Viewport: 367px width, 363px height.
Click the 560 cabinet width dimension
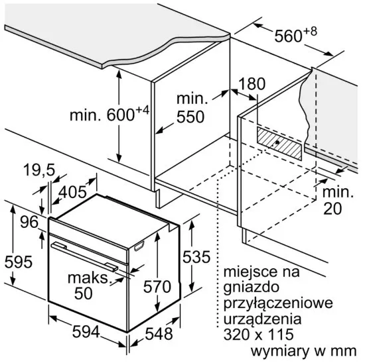pyautogui.click(x=295, y=35)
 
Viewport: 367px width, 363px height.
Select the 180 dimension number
pyautogui.click(x=252, y=83)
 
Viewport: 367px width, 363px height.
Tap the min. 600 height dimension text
pyautogui.click(x=110, y=113)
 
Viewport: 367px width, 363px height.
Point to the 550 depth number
pyautogui.click(x=190, y=117)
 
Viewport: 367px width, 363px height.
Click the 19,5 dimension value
pyautogui.click(x=39, y=170)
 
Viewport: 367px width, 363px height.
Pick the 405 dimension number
pyautogui.click(x=72, y=192)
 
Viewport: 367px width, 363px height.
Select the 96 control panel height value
pyautogui.click(x=29, y=222)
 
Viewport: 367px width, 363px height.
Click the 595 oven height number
pyautogui.click(x=19, y=262)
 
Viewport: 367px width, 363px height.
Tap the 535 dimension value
pyautogui.click(x=196, y=257)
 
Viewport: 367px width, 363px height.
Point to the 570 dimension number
pyautogui.click(x=157, y=287)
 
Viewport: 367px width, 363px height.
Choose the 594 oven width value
pyautogui.click(x=86, y=331)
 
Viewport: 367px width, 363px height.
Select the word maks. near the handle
pyautogui.click(x=88, y=278)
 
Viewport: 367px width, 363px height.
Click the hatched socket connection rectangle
pyautogui.click(x=279, y=143)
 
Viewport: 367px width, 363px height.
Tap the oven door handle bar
pyautogui.click(x=84, y=256)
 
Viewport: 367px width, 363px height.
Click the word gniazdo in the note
pyautogui.click(x=251, y=287)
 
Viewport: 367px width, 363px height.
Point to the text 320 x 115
pyautogui.click(x=258, y=334)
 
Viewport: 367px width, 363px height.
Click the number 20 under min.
pyautogui.click(x=332, y=209)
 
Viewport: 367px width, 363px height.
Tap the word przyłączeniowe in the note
pyautogui.click(x=278, y=303)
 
